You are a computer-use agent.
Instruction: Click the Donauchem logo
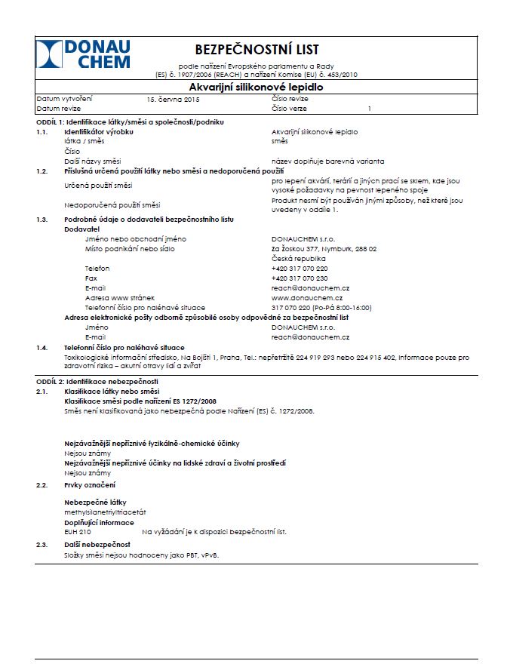[x=83, y=54]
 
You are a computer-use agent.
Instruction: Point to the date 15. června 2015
[x=173, y=100]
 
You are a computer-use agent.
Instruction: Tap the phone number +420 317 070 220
[x=300, y=269]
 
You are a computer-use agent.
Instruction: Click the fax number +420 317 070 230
[x=300, y=278]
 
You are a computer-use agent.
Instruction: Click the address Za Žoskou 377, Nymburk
[x=324, y=249]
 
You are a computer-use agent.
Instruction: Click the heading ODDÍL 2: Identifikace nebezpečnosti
[x=97, y=383]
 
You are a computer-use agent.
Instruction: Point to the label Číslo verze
[x=291, y=109]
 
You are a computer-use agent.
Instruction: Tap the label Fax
[x=91, y=278]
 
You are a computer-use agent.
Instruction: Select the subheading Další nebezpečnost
[x=97, y=544]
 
